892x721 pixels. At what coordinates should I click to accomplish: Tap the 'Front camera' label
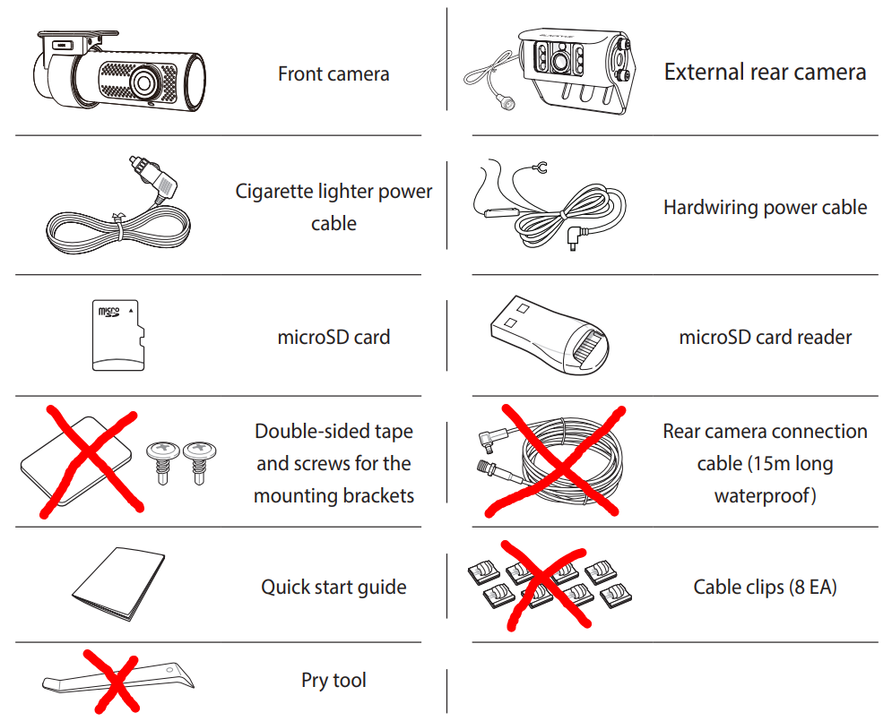[x=333, y=73]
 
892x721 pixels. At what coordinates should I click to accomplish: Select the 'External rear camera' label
[x=765, y=73]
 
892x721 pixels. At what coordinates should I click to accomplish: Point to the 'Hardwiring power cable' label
[x=765, y=208]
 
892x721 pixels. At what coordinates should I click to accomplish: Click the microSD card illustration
[x=118, y=335]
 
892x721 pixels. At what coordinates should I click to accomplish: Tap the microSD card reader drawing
[x=550, y=334]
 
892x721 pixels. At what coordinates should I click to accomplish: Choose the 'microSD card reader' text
[x=765, y=337]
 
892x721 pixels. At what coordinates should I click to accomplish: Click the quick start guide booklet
[x=118, y=584]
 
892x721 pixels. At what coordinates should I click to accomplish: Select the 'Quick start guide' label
[x=333, y=587]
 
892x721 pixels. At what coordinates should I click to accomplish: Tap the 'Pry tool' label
[x=333, y=680]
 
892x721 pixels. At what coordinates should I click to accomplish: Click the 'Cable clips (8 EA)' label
[x=765, y=587]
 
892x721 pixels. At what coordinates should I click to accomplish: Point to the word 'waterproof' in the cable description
[x=762, y=495]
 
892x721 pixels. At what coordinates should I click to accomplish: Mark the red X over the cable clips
[x=544, y=585]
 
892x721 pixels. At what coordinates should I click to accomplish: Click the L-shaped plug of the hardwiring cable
[x=576, y=236]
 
